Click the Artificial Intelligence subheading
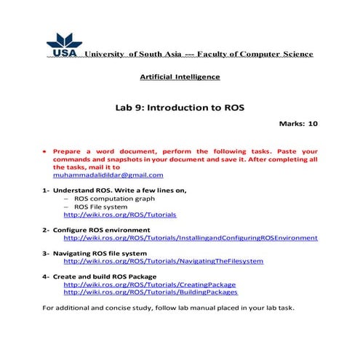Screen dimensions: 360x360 point(180,76)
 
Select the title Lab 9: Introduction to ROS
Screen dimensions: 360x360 point(180,107)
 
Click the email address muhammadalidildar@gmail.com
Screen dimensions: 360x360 point(108,175)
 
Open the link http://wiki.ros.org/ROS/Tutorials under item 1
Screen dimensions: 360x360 point(119,215)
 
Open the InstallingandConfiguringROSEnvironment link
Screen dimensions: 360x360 point(191,238)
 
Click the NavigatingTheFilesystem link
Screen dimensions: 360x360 point(163,260)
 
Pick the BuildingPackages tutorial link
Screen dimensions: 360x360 point(150,292)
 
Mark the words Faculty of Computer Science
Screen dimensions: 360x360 point(259,55)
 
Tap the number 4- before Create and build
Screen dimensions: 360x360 point(46,276)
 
